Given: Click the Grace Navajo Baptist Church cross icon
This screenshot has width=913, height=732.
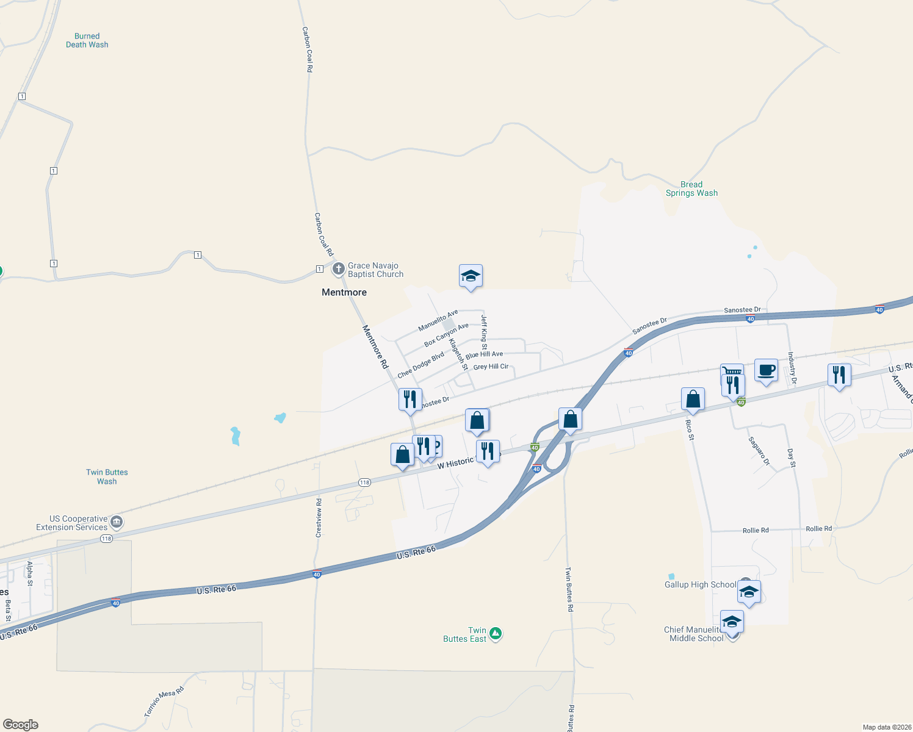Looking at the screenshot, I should click(x=339, y=269).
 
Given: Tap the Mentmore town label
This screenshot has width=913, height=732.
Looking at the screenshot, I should click(x=344, y=293).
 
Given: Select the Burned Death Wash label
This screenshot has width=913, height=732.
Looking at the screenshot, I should click(x=87, y=40).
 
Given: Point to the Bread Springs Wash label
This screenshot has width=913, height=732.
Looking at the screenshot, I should click(x=691, y=189).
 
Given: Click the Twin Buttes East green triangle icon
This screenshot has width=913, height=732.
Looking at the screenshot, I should click(x=496, y=634).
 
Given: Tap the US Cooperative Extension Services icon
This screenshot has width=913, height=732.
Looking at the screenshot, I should click(x=117, y=522).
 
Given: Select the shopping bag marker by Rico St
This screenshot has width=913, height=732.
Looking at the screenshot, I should click(x=693, y=400).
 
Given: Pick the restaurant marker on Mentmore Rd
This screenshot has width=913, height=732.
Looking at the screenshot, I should click(x=410, y=400).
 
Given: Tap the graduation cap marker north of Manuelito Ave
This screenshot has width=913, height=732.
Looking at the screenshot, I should click(x=471, y=276).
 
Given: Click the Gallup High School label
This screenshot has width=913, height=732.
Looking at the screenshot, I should click(x=700, y=584).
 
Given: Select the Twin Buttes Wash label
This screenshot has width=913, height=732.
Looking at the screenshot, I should click(x=107, y=476).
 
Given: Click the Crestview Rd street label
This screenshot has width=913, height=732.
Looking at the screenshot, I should click(x=319, y=518).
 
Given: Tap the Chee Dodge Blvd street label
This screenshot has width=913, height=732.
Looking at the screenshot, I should click(x=421, y=365).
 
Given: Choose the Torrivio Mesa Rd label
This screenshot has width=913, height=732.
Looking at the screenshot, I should click(x=164, y=701).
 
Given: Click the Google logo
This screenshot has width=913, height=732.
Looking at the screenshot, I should click(x=21, y=725).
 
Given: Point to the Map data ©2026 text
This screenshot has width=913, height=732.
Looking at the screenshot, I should click(x=885, y=727).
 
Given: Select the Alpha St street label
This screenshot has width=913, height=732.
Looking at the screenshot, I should click(x=29, y=573).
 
